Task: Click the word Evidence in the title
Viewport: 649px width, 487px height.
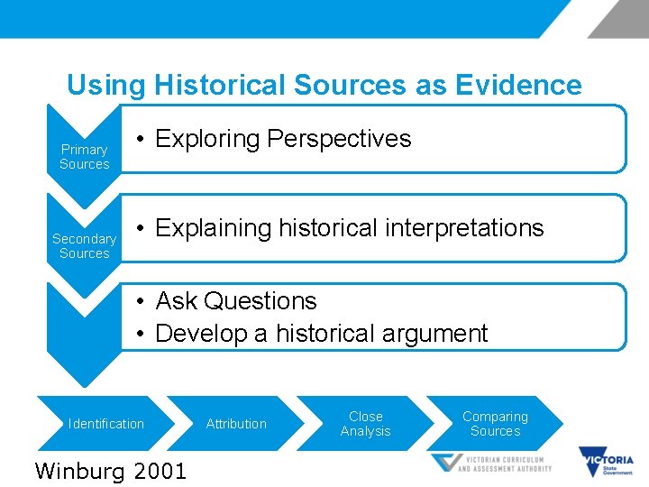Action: pos(518,86)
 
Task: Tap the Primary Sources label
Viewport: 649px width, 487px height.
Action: pos(84,157)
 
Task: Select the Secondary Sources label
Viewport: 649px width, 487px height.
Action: pos(84,246)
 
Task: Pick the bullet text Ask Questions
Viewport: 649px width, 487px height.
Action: pos(236,301)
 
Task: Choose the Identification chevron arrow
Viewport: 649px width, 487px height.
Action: pos(106,424)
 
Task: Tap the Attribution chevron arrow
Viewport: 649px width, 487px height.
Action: pos(236,424)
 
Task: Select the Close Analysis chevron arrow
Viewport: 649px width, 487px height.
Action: pos(365,424)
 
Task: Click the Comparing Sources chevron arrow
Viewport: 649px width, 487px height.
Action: pos(495,424)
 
